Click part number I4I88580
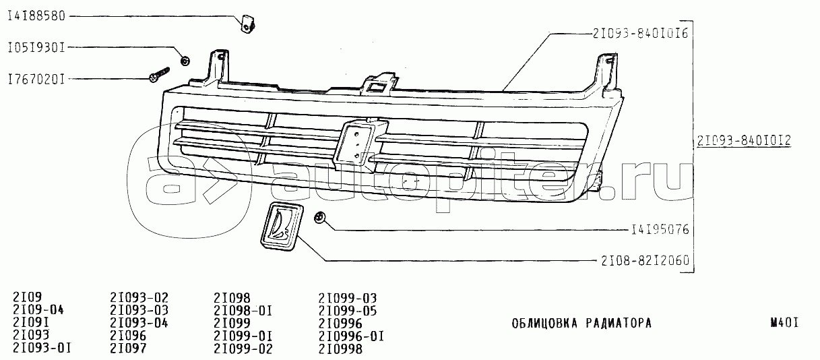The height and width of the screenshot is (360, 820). coord(36,16)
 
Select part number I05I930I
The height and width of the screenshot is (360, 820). coord(36,48)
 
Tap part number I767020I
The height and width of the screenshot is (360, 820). coord(36,79)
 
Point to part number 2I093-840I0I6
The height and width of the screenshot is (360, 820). coord(641,34)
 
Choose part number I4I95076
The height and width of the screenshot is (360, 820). coord(660,230)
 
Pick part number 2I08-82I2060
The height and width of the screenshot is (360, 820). coord(645,261)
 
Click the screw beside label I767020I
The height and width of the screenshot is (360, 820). coord(160,74)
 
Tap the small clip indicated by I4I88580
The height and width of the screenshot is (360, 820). coord(248,24)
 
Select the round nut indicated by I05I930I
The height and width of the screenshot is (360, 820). coord(185,61)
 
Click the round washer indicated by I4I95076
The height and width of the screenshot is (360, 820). coord(319,218)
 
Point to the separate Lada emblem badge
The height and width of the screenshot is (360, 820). coord(282,227)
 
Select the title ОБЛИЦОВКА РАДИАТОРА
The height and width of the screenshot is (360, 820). coord(581,324)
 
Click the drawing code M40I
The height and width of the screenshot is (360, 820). coord(784,323)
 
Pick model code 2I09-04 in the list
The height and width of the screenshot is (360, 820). coord(38,310)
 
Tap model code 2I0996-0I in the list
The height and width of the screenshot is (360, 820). coord(351,336)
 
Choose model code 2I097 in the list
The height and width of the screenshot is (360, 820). coord(128,348)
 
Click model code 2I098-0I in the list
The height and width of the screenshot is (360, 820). coord(243,311)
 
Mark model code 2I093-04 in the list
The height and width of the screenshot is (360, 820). coord(139,324)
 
